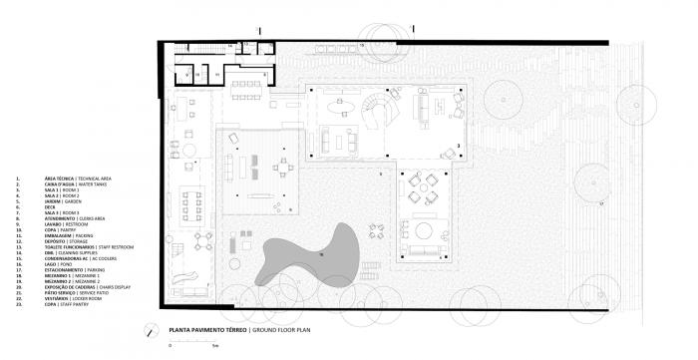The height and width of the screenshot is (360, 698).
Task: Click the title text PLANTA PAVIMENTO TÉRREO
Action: point(208,328)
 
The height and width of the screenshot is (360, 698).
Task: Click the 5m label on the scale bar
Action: point(214,346)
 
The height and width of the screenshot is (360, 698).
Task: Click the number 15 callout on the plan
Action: point(362,45)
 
